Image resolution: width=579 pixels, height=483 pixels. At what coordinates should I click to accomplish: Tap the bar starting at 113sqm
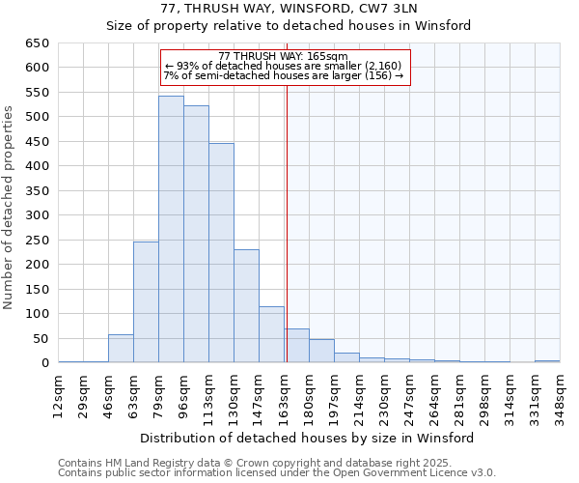click(x=221, y=253)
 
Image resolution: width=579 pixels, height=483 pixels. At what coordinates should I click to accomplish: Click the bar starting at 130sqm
click(x=246, y=306)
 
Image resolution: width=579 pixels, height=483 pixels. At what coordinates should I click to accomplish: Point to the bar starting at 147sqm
click(x=271, y=334)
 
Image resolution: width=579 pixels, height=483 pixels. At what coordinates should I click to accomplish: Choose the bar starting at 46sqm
click(x=121, y=349)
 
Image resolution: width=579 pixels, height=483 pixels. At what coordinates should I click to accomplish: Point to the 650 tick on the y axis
click(x=38, y=43)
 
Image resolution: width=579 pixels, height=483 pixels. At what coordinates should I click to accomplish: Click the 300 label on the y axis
click(x=38, y=215)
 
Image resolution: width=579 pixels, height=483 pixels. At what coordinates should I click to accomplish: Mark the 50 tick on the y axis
click(x=41, y=339)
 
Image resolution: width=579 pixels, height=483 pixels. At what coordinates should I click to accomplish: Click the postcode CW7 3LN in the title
click(x=412, y=9)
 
